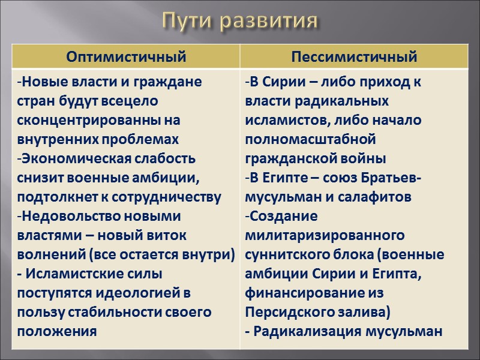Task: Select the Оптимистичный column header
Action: pyautogui.click(x=127, y=57)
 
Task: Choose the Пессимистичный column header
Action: pyautogui.click(x=353, y=57)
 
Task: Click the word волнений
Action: pyautogui.click(x=45, y=254)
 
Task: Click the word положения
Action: pyautogui.click(x=56, y=331)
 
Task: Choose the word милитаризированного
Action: pyautogui.click(x=324, y=235)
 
